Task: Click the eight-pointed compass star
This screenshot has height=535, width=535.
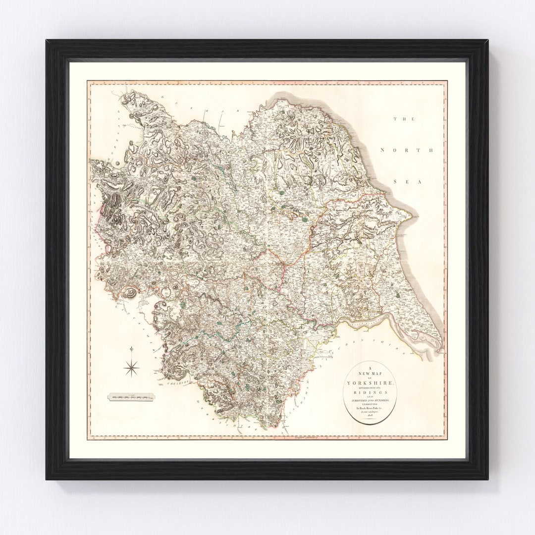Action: [x=131, y=367]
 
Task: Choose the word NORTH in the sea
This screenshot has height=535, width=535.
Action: [x=406, y=150]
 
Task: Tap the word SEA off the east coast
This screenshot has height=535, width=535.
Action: [x=406, y=182]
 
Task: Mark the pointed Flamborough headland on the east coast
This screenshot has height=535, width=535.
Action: [x=410, y=215]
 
